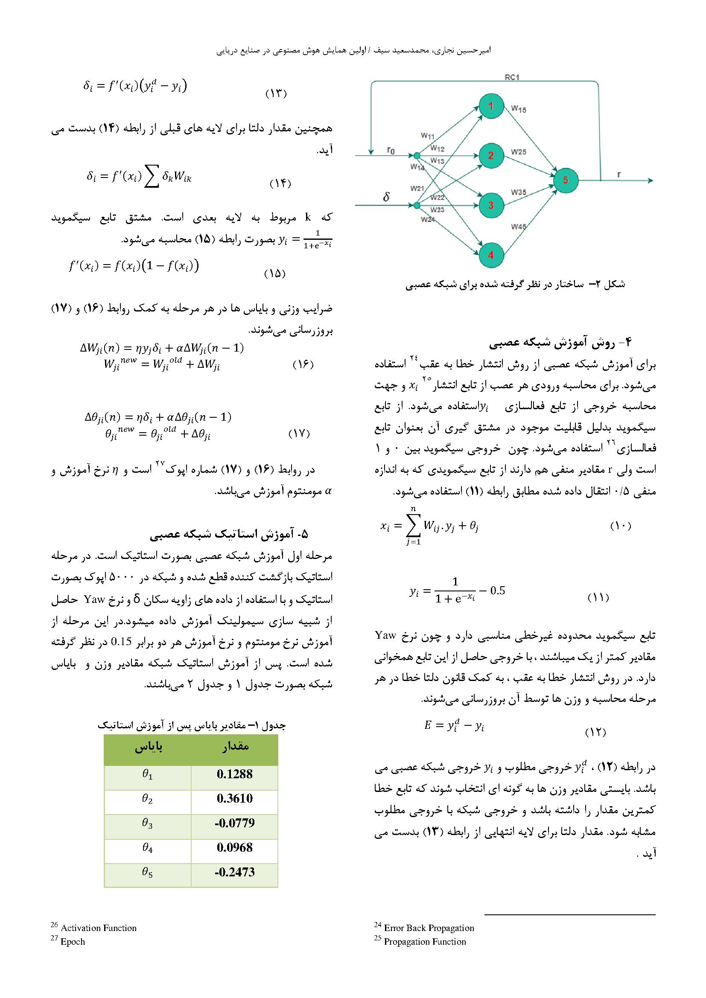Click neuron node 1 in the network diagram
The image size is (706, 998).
pos(491,106)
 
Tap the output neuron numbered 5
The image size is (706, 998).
pos(566,180)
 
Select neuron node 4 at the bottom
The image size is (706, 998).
pos(491,255)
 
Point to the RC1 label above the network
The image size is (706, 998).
pos(512,77)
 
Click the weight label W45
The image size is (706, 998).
pos(519,227)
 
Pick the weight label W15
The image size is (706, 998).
pos(519,109)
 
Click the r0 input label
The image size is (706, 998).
pos(391,150)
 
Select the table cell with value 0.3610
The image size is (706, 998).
pos(235,798)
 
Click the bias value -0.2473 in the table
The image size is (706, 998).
pos(235,872)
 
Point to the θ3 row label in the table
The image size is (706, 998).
pos(147,823)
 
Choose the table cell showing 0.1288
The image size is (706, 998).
pos(235,774)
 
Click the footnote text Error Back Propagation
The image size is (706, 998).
pos(429,928)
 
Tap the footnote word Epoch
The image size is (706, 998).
pos(73,942)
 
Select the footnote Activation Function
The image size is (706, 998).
pos(98,928)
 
